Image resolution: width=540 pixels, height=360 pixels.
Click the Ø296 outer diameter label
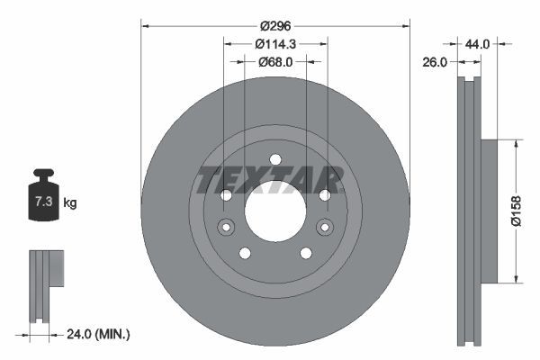[275, 27]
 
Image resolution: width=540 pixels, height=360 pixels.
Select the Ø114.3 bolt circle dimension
[275, 44]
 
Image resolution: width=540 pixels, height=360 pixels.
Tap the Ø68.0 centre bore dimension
[275, 62]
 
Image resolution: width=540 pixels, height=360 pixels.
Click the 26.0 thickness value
[435, 62]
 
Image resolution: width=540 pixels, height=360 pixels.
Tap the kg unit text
[70, 202]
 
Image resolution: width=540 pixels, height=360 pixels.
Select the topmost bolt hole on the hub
[275, 159]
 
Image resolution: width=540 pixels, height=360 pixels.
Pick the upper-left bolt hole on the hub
[226, 195]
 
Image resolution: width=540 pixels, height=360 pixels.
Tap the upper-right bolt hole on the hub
[325, 195]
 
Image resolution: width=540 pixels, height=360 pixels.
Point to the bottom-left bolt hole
[245, 253]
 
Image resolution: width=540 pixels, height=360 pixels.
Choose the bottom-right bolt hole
[306, 253]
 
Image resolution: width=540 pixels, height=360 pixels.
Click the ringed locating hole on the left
[225, 227]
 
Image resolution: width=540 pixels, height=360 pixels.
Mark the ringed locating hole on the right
[326, 227]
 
